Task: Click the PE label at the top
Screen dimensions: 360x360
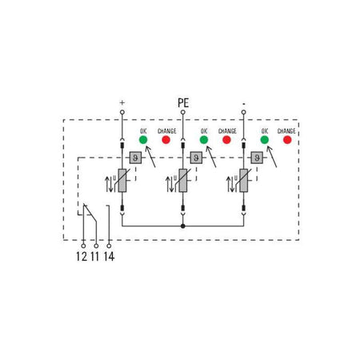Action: (183, 102)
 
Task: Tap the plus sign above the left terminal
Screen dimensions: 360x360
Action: (122, 102)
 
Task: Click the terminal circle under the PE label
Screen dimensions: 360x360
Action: (183, 112)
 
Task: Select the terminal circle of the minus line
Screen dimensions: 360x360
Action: (243, 112)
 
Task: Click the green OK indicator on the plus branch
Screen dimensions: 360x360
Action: (143, 139)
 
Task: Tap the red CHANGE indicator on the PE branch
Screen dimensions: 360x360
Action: (226, 139)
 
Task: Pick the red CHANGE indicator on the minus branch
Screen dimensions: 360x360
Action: (287, 139)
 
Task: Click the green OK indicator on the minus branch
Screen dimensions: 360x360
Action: (265, 139)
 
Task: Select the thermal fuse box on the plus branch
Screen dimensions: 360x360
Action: (135, 158)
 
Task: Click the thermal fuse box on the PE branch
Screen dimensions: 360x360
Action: (196, 158)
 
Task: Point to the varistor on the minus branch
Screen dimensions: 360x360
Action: (243, 181)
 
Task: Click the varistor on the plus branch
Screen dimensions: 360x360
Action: (122, 181)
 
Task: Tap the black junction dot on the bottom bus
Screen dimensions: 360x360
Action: (183, 226)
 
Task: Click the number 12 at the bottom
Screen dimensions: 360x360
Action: (82, 257)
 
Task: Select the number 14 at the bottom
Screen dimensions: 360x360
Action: (109, 257)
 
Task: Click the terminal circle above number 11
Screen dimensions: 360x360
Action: (96, 246)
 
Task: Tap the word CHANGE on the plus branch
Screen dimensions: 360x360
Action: (167, 131)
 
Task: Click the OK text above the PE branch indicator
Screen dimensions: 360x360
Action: (204, 131)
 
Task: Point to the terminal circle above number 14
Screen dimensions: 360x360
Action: (109, 246)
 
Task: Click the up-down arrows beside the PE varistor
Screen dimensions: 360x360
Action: (170, 184)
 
